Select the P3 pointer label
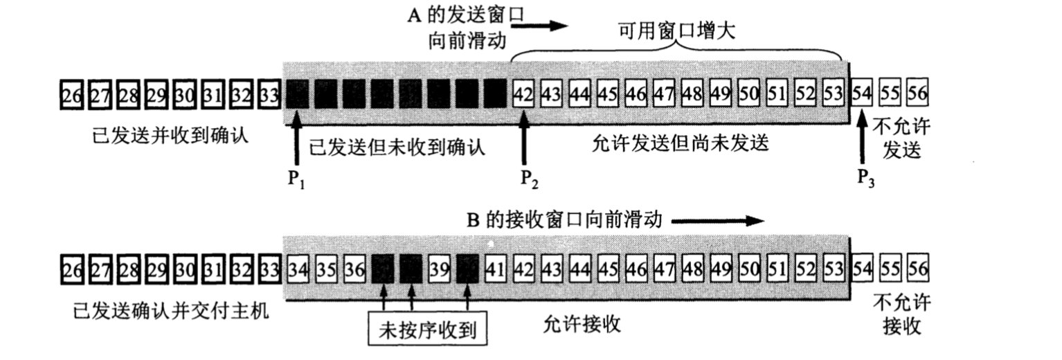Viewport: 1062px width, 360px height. (866, 179)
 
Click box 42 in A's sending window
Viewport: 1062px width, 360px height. (525, 93)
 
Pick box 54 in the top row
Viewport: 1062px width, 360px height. (862, 93)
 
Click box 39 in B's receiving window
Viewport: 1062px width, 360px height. (440, 267)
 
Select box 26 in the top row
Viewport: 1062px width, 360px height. (71, 93)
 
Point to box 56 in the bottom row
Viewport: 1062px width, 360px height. (919, 267)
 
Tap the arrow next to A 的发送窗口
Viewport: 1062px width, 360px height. (545, 26)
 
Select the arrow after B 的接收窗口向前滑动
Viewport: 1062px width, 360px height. (717, 222)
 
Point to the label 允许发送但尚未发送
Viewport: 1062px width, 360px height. (682, 143)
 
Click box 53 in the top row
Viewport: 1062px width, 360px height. (835, 93)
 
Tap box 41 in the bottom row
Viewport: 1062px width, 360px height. (496, 267)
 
